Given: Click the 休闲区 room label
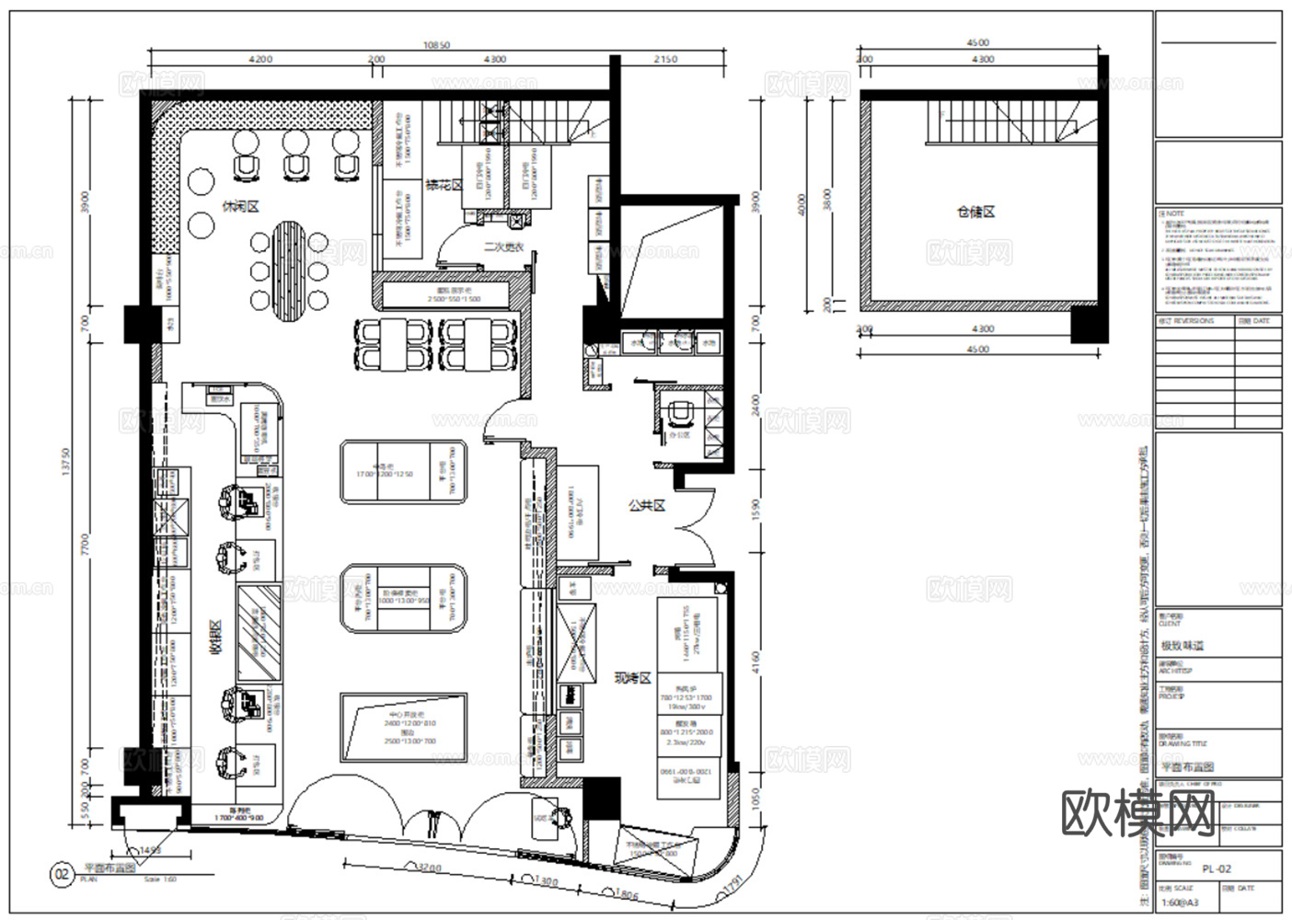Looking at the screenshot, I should click(240, 206).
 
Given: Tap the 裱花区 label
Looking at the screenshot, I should click(443, 186).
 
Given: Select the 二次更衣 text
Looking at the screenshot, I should click(503, 247).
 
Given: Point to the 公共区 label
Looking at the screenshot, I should click(646, 505).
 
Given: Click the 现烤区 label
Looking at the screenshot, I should click(632, 678).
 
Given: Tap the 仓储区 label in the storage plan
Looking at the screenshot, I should click(975, 212).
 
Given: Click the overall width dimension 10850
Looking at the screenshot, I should click(436, 45).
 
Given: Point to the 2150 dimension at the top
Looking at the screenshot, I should click(664, 59).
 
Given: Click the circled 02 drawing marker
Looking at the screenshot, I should click(62, 873).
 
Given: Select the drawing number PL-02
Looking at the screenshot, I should click(1216, 868).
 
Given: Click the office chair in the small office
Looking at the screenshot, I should click(680, 416).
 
